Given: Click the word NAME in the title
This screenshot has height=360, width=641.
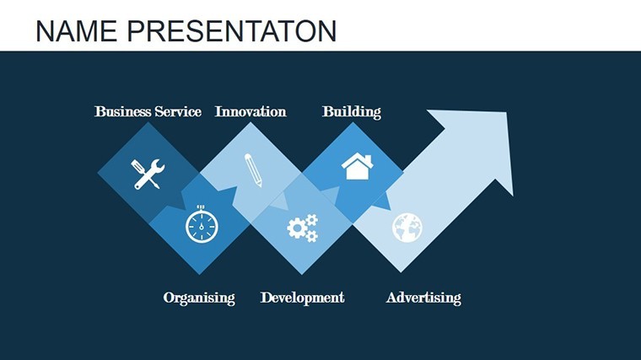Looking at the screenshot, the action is click(76, 30).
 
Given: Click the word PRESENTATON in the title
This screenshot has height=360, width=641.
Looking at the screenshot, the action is click(232, 30).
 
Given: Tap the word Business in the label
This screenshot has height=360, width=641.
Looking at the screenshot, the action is click(122, 111).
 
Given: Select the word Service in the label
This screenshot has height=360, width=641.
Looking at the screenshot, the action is click(178, 111).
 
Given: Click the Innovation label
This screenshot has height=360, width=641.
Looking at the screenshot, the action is click(250, 111).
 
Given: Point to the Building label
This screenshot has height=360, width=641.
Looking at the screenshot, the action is click(352, 111).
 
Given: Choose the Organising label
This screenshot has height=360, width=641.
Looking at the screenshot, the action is click(199, 298).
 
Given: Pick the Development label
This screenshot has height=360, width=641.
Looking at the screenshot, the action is click(303, 298).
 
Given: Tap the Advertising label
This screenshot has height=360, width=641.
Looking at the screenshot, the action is click(423, 298).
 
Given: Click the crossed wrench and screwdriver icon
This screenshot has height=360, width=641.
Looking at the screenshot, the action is click(148, 174).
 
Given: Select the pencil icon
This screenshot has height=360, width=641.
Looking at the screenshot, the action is click(253, 170).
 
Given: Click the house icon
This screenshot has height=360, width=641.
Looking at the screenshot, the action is click(358, 166).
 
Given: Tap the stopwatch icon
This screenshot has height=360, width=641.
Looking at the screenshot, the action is click(202, 224).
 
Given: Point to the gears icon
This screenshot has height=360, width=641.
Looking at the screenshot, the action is click(303, 228).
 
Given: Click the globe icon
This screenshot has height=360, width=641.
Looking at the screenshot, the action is click(407, 228).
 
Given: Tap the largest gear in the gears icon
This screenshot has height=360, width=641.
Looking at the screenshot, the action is click(297, 228).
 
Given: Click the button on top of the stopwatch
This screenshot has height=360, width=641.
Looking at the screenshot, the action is click(201, 207).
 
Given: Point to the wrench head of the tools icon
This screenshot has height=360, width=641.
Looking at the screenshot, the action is click(158, 167).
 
